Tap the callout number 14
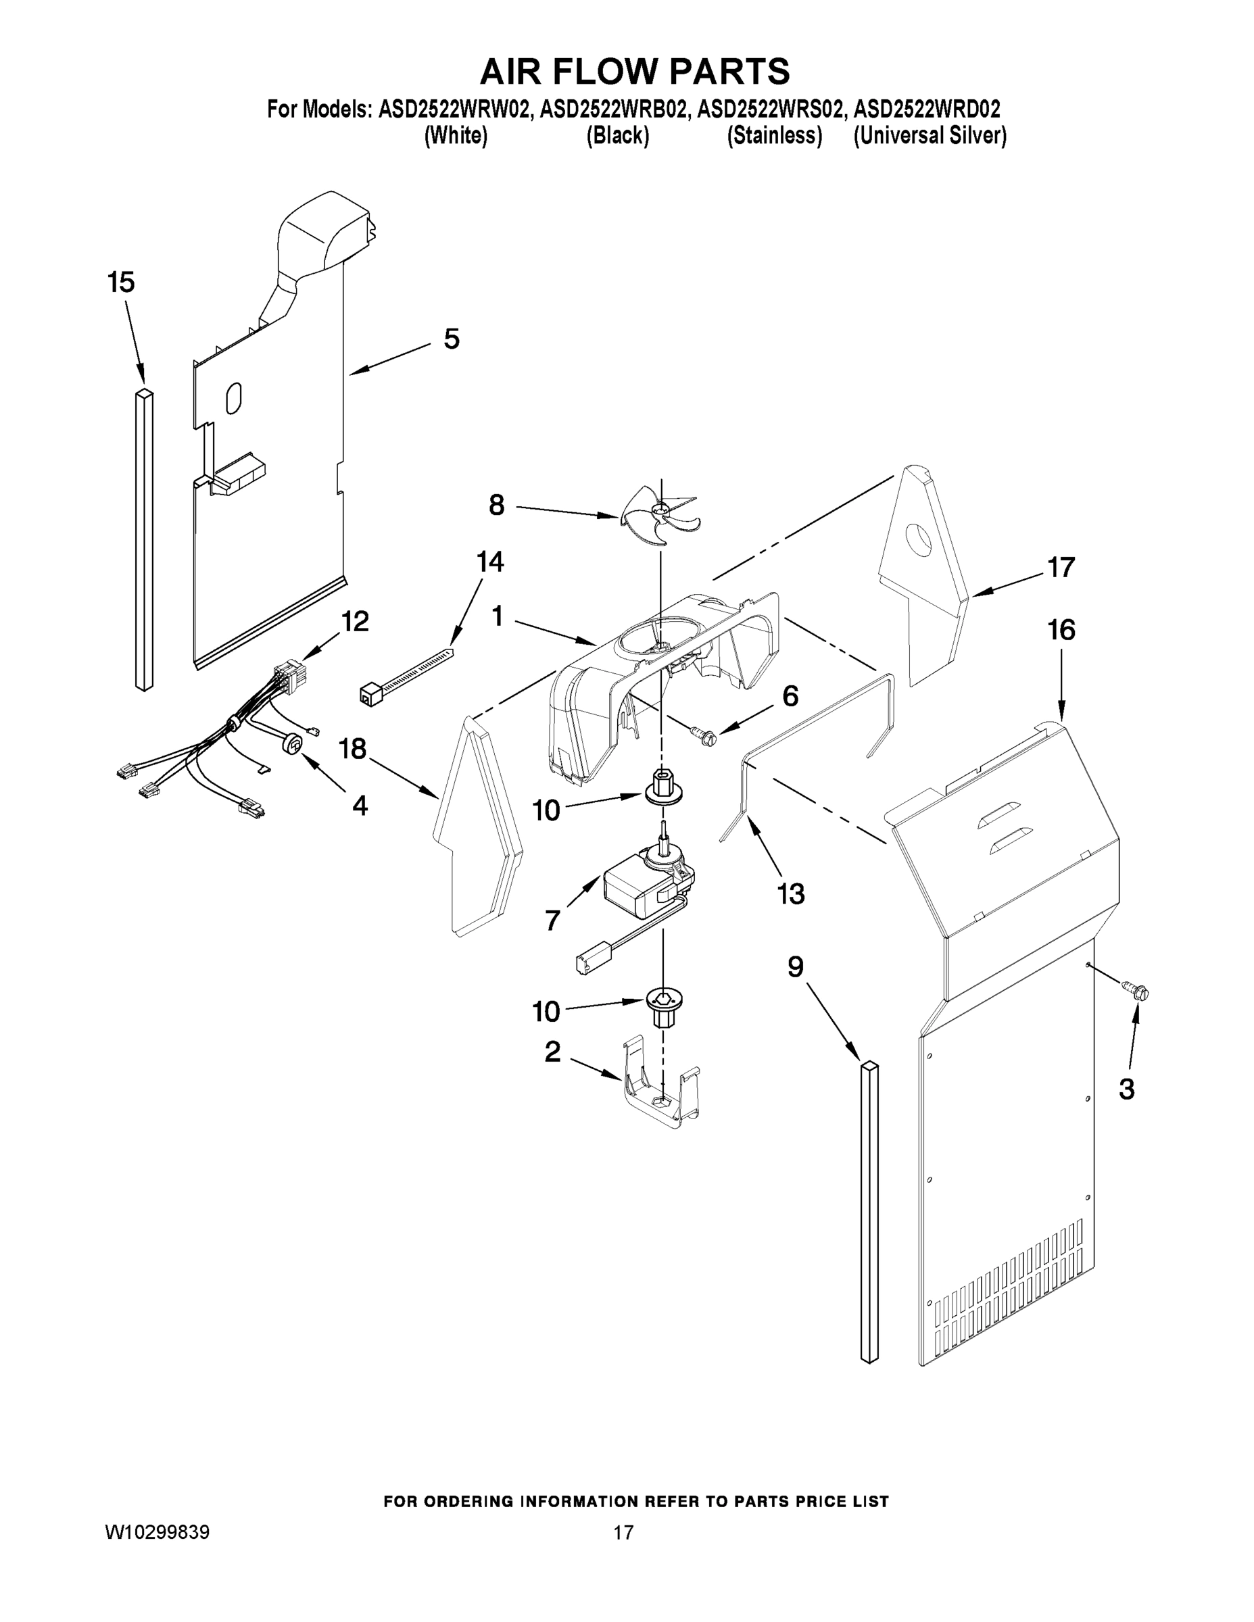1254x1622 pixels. [x=489, y=562]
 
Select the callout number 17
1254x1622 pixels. [x=1061, y=568]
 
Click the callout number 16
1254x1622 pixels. [x=1061, y=630]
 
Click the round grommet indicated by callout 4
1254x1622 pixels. [x=293, y=743]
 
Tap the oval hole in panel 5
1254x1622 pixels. [x=233, y=398]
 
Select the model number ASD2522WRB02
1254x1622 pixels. [x=613, y=110]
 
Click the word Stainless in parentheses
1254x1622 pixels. [x=774, y=136]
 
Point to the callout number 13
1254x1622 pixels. [x=790, y=893]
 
